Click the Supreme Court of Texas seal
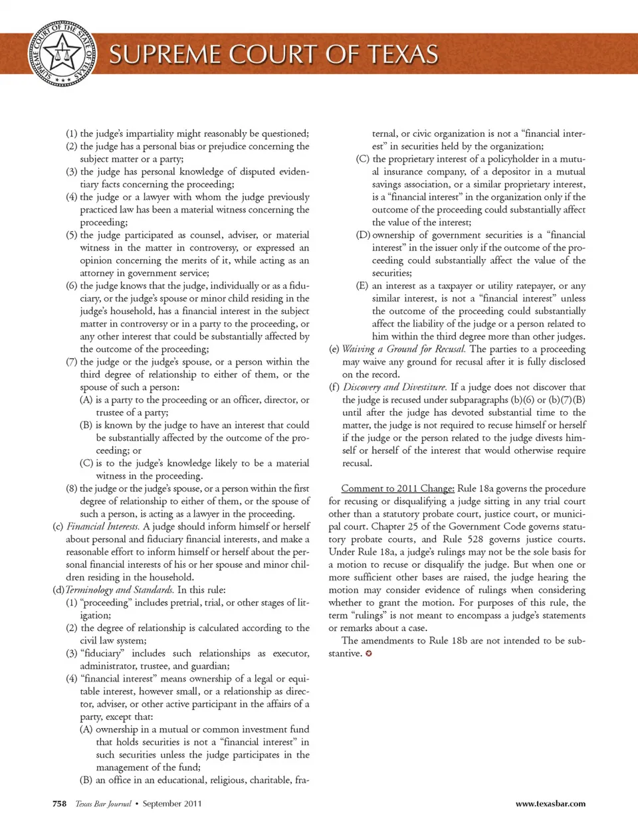(x=62, y=54)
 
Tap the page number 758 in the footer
(x=59, y=804)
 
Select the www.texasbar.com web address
(x=550, y=804)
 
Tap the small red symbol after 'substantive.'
(x=369, y=654)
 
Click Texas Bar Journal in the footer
(x=103, y=804)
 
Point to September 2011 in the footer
(x=172, y=804)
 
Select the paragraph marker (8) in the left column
(x=72, y=489)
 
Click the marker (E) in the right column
(x=363, y=286)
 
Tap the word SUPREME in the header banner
(x=164, y=54)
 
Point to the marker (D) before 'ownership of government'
(x=363, y=235)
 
